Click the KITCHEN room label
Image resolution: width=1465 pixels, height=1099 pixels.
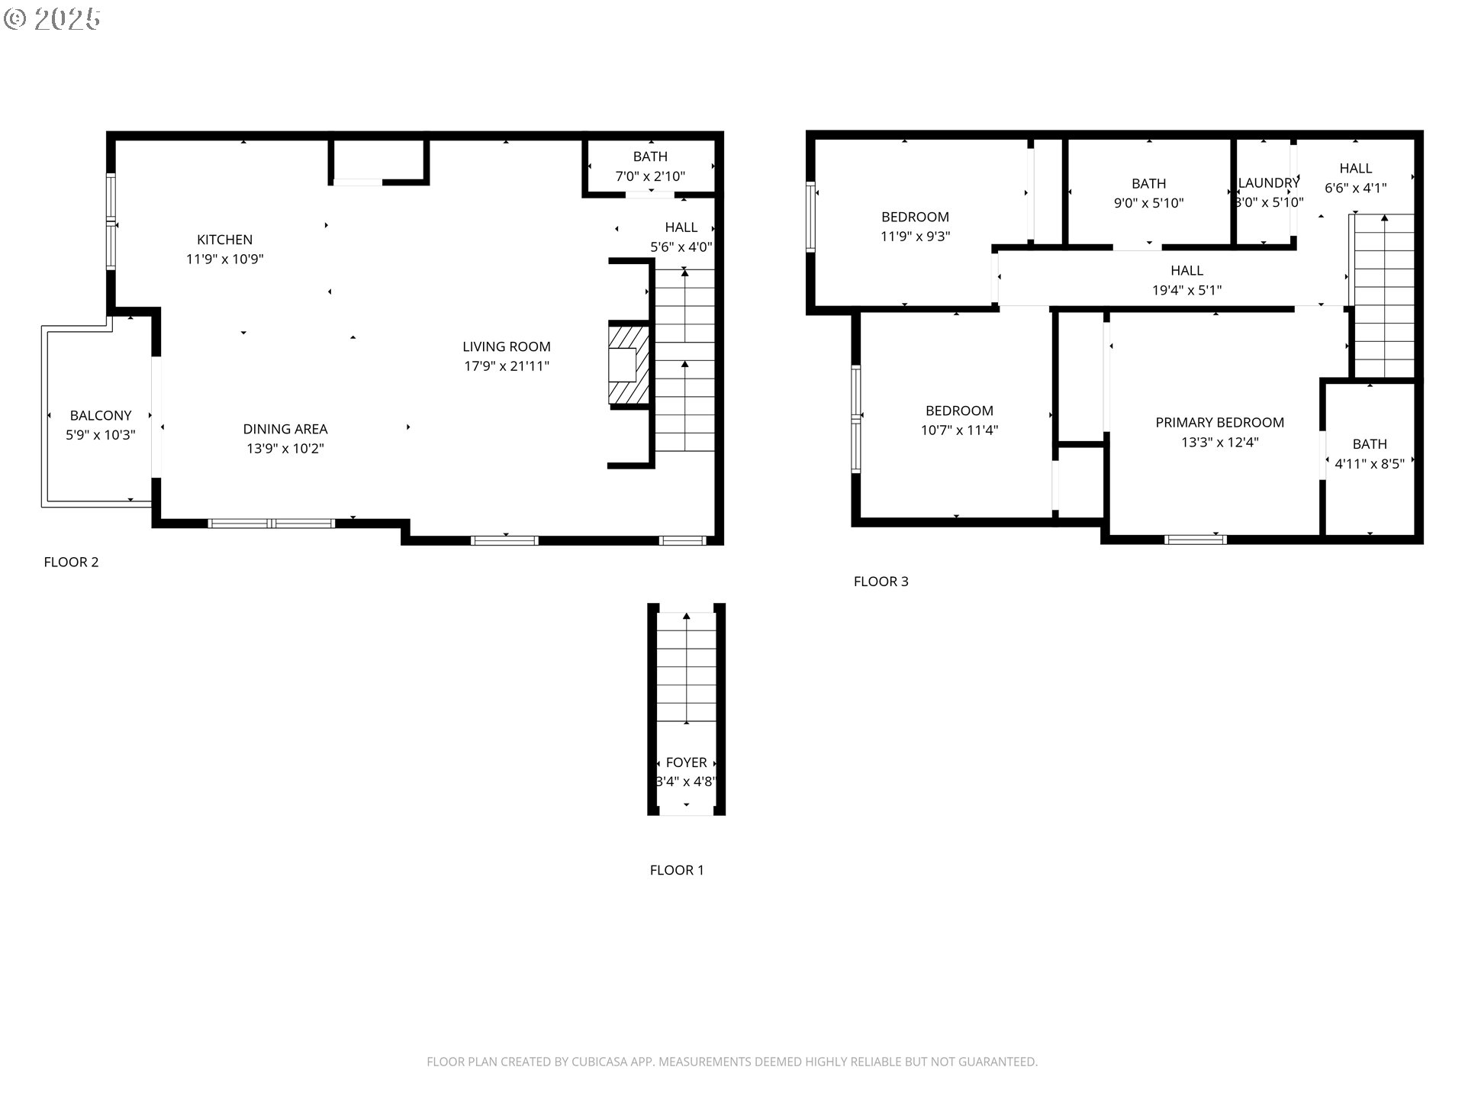pos(224,240)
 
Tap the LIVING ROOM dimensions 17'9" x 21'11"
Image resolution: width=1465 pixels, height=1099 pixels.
pos(507,366)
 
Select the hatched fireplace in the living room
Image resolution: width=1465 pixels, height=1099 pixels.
pos(629,365)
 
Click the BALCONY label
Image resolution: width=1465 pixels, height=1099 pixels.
pos(101,416)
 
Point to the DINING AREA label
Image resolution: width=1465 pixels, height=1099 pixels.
pos(285,429)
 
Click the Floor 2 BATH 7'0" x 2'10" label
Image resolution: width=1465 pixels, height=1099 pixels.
pos(650,166)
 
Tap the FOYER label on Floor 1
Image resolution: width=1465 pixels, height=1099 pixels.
pos(686,762)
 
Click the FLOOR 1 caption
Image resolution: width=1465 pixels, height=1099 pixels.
pos(677,870)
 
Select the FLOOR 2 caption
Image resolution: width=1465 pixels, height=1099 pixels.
pos(71,562)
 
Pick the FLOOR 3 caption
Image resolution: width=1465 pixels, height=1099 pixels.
pos(881,582)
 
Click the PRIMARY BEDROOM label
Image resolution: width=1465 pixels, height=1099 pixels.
pos(1219,423)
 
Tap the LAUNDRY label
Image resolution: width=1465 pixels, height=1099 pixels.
pos(1268,183)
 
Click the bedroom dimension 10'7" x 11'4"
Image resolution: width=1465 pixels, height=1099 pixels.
pos(959,430)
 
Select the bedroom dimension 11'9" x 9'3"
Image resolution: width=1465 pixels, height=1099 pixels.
pos(915,237)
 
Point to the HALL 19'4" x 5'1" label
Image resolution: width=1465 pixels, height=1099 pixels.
pos(1186,280)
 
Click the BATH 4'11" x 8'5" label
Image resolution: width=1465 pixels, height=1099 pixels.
pos(1369,454)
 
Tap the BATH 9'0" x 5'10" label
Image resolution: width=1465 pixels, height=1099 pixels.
pos(1148,193)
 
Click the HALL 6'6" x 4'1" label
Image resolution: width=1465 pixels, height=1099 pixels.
pos(1355,178)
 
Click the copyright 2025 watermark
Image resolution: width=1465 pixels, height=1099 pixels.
pos(52,18)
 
